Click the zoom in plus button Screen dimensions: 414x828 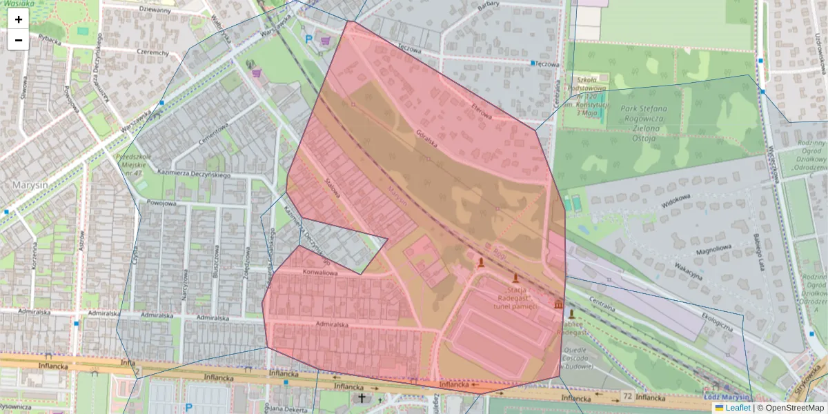(x=19, y=19)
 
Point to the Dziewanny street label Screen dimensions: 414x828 (x=155, y=10)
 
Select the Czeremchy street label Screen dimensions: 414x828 (x=153, y=52)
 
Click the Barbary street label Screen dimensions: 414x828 (x=488, y=5)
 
